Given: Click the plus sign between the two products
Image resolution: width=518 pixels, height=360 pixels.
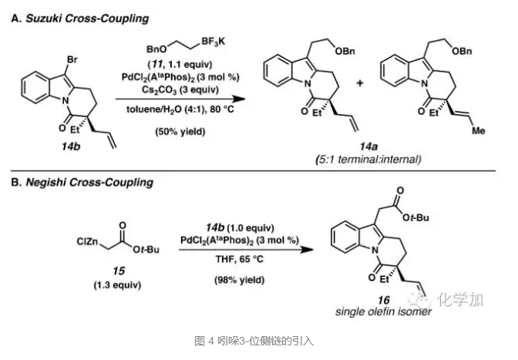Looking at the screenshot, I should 359,82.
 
